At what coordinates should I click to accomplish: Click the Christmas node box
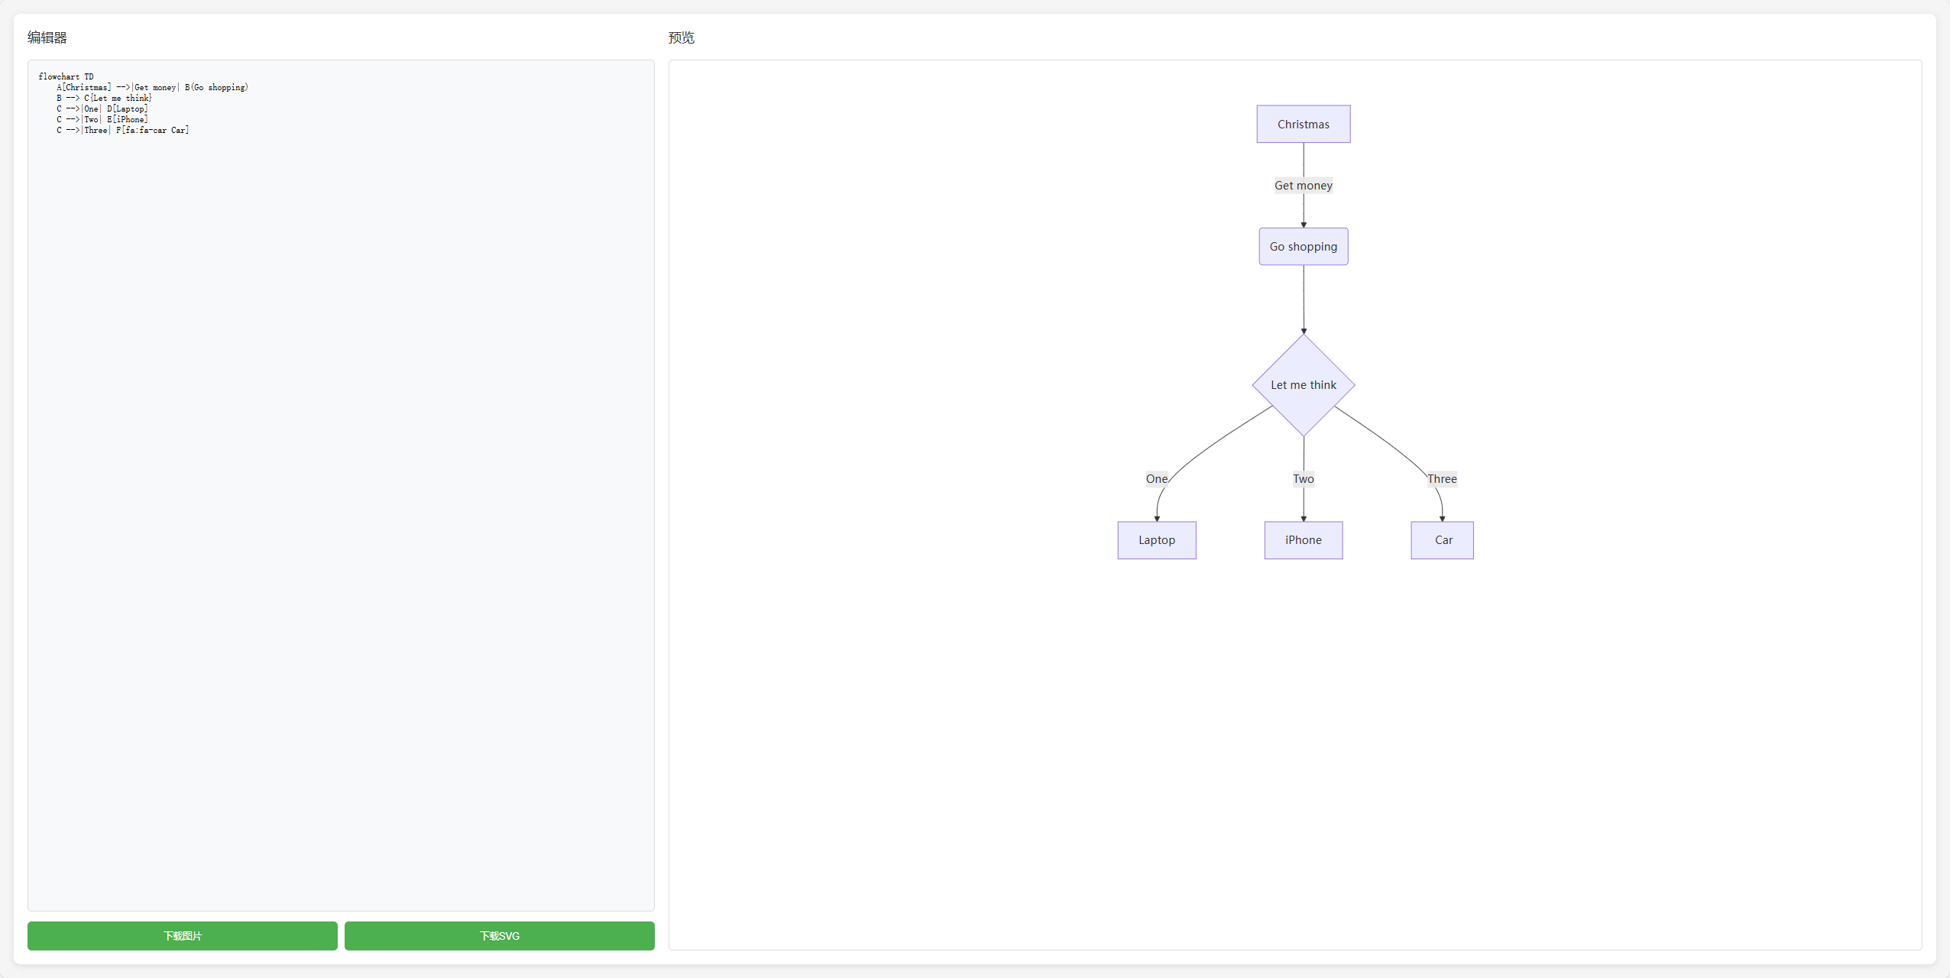pyautogui.click(x=1304, y=124)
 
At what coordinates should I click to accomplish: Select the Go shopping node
pyautogui.click(x=1304, y=247)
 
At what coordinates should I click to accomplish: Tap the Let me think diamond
pyautogui.click(x=1304, y=385)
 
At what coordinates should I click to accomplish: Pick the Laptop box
pyautogui.click(x=1157, y=540)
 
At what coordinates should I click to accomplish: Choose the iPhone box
pyautogui.click(x=1304, y=540)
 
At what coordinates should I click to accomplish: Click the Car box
pyautogui.click(x=1443, y=540)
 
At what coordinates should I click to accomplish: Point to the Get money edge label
pyautogui.click(x=1304, y=186)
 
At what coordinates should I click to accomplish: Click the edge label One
pyautogui.click(x=1157, y=479)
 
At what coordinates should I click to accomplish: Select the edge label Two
pyautogui.click(x=1304, y=479)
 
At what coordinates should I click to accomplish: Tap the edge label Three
pyautogui.click(x=1443, y=479)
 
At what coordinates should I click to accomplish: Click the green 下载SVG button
pyautogui.click(x=500, y=936)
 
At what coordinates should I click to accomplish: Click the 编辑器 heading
pyautogui.click(x=47, y=37)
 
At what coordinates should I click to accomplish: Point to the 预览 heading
pyautogui.click(x=682, y=37)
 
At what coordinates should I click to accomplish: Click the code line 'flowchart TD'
pyautogui.click(x=66, y=76)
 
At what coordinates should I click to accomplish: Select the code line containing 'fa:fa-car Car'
pyautogui.click(x=123, y=130)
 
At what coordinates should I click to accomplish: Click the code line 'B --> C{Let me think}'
pyautogui.click(x=105, y=98)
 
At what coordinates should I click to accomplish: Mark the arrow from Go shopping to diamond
pyautogui.click(x=1304, y=300)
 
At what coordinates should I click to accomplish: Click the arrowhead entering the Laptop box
pyautogui.click(x=1157, y=519)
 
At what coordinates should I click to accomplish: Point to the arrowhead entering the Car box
pyautogui.click(x=1443, y=519)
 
